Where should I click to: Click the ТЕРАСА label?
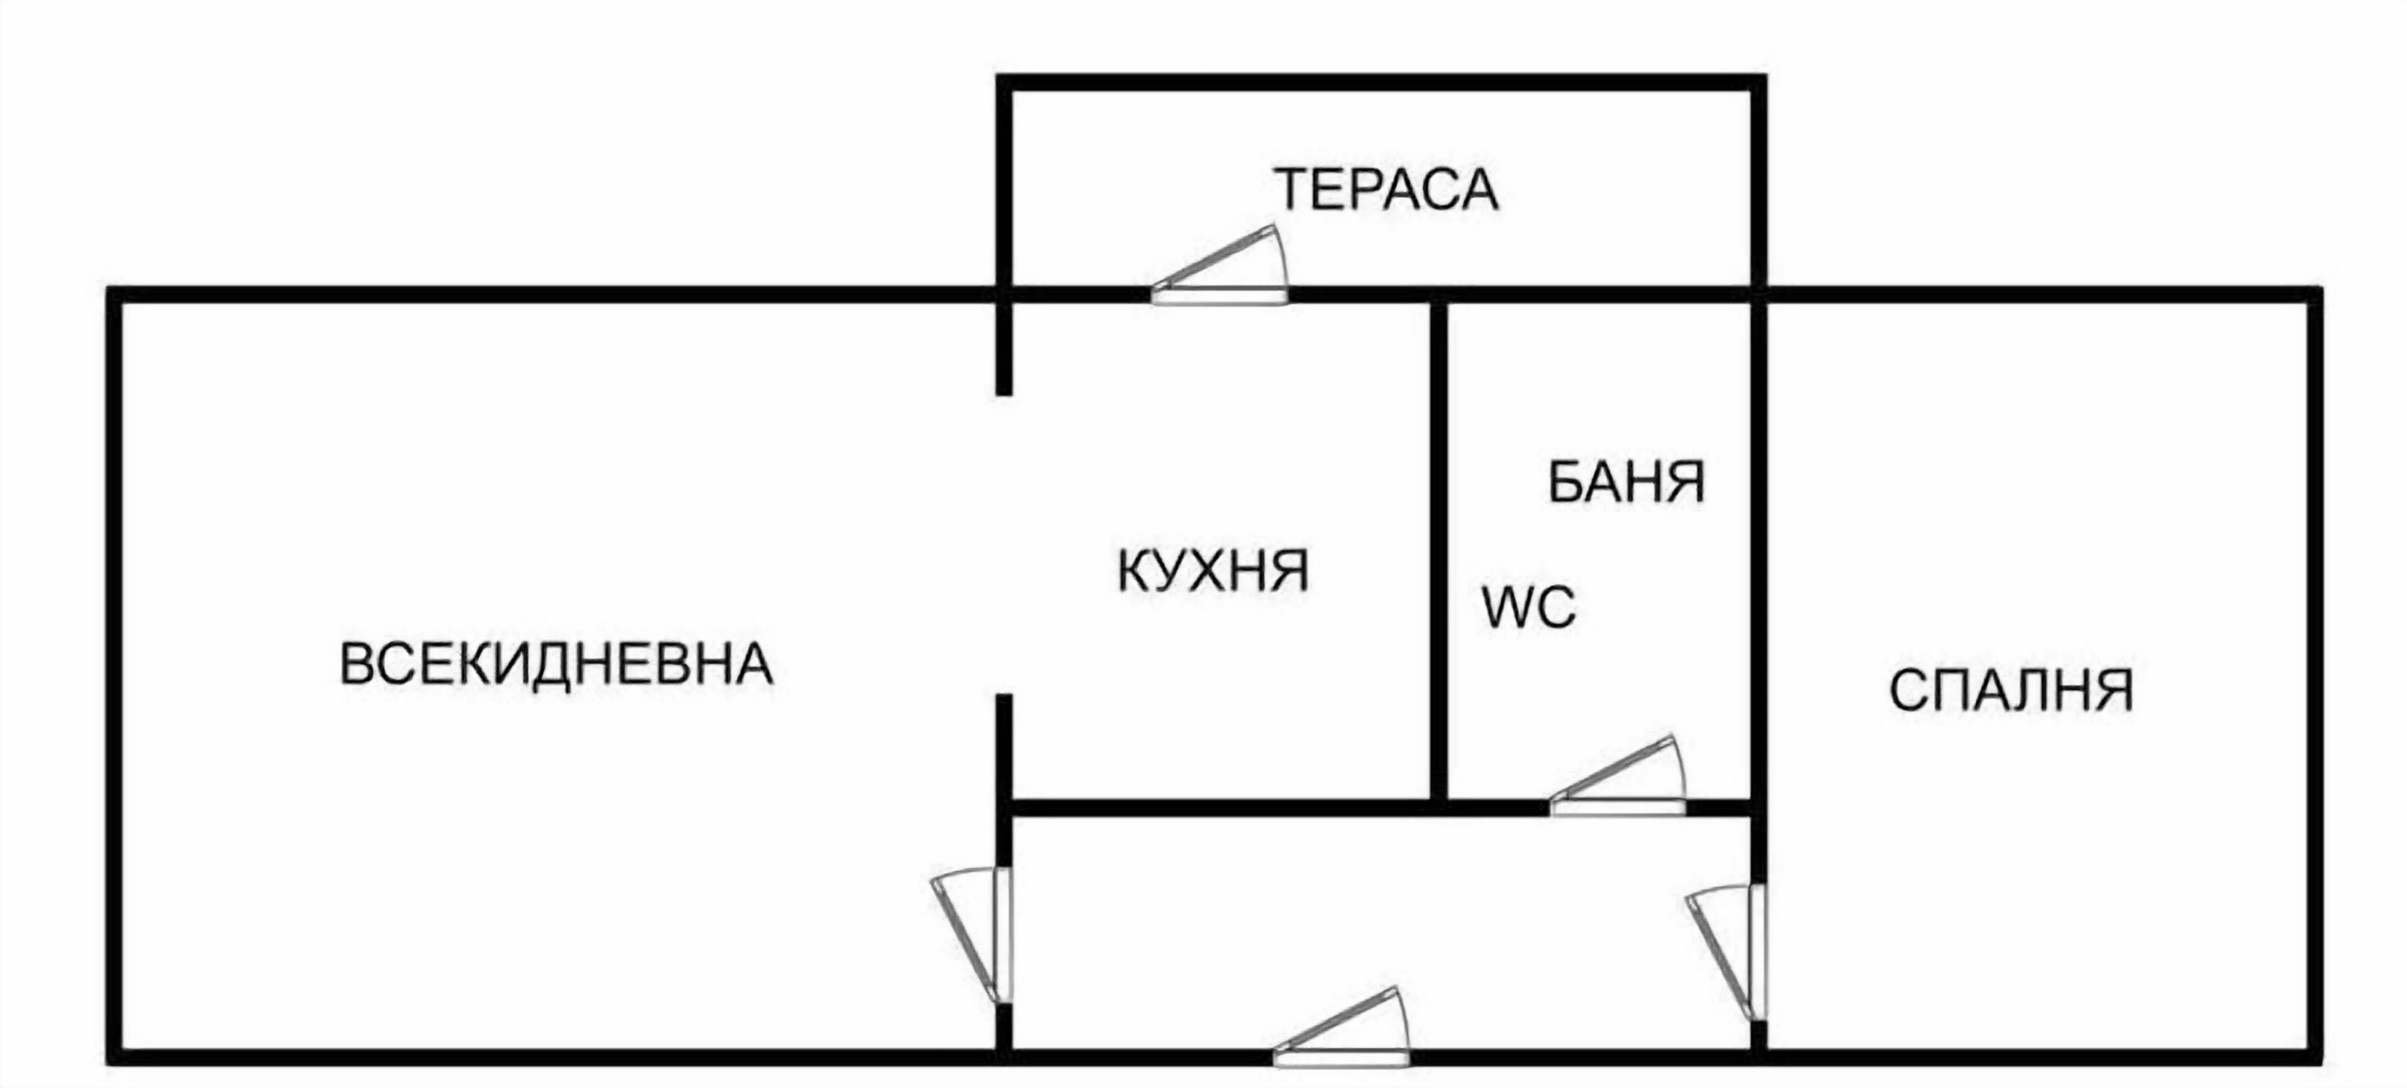[x=1387, y=189]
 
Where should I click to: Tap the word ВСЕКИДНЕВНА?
[x=556, y=665]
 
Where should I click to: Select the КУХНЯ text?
[x=1213, y=571]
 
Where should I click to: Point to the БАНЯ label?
[x=1626, y=482]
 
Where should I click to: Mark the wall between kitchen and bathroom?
[x=1439, y=551]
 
